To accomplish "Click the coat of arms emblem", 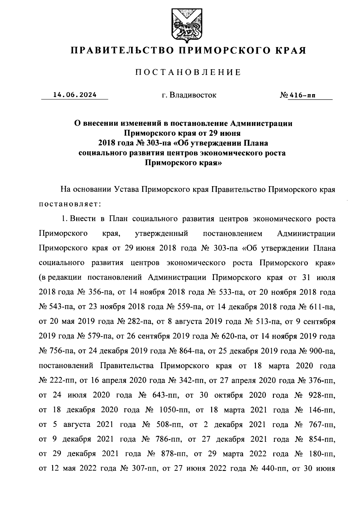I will pyautogui.click(x=183, y=26).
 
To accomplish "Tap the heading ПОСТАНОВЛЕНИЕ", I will pyautogui.click(x=188, y=72).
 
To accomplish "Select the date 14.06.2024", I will pyautogui.click(x=75, y=95).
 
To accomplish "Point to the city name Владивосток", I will pyautogui.click(x=193, y=95).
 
